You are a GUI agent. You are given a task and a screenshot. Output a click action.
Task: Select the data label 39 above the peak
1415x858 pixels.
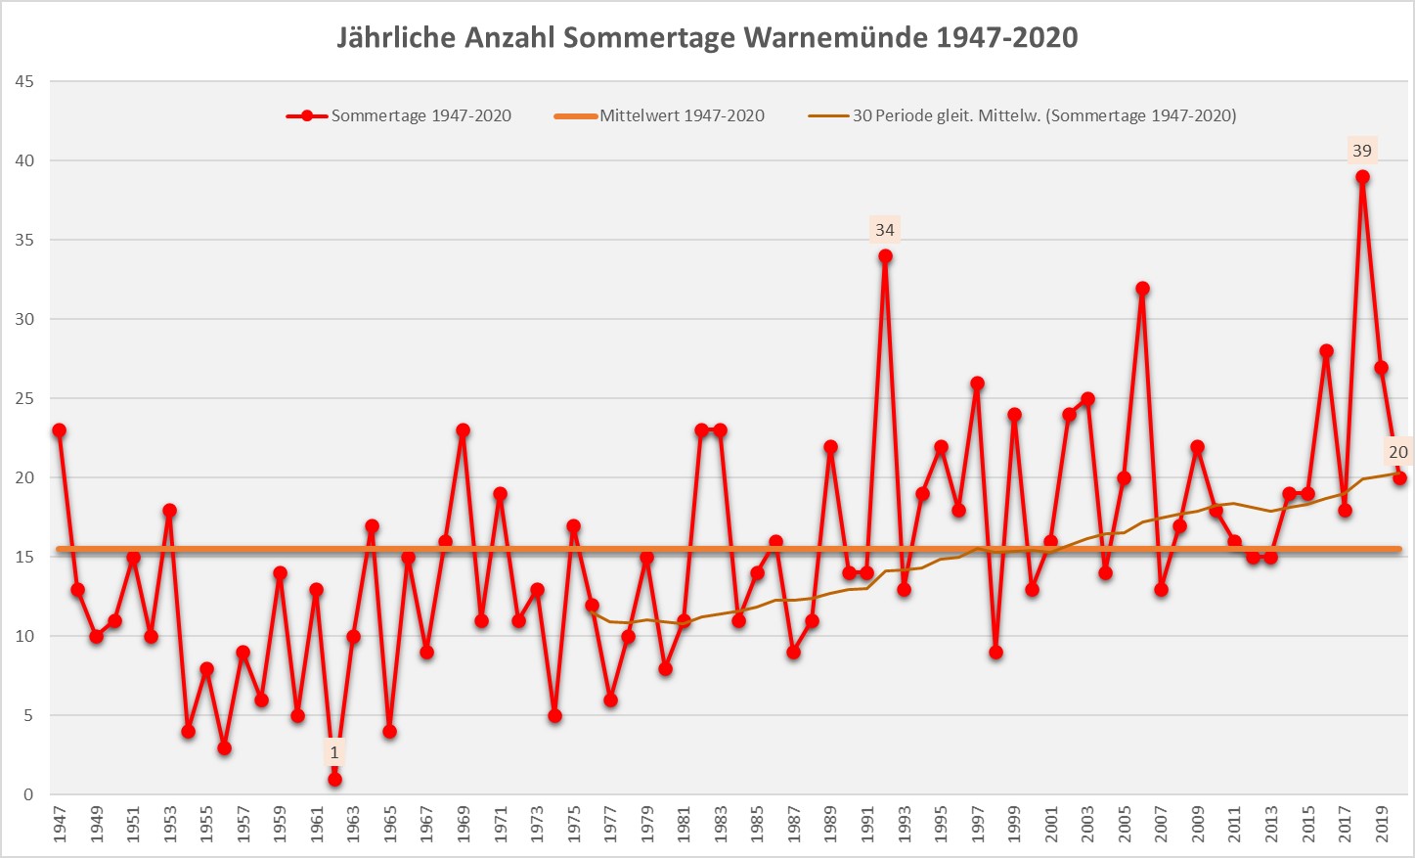pos(1362,151)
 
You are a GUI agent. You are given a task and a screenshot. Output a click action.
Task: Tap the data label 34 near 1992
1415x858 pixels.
pos(885,230)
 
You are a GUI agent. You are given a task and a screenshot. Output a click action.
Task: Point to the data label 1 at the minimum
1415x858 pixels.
pos(334,752)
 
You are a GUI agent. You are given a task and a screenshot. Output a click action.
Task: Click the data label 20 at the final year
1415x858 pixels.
pos(1398,452)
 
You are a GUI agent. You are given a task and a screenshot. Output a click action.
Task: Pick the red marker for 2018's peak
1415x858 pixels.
pos(1362,178)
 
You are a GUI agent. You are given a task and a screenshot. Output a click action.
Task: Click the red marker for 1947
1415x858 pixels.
pos(60,430)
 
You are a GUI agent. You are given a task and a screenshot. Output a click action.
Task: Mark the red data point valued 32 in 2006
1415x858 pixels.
pos(1142,289)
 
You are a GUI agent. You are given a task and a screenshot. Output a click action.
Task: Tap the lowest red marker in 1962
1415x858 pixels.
pos(334,780)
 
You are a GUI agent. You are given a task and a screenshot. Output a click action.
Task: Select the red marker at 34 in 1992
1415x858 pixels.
pos(885,256)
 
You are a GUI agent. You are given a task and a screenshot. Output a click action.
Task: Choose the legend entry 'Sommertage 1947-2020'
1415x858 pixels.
pos(420,115)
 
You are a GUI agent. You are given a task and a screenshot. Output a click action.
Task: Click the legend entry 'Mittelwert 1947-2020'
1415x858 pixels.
pos(682,115)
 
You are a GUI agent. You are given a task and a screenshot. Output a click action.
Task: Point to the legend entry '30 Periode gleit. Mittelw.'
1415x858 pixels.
pos(1043,115)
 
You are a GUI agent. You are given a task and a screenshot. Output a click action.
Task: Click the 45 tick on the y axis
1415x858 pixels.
pos(24,82)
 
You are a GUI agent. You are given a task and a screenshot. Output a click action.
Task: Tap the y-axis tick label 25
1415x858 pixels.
pos(24,399)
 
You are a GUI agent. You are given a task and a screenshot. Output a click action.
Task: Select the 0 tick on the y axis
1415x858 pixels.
pos(28,795)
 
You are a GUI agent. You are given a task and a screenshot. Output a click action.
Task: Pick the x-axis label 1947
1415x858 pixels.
pos(60,825)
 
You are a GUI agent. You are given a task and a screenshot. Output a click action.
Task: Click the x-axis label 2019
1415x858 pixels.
pos(1381,825)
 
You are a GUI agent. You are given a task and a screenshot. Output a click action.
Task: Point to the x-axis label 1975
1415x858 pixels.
pos(574,825)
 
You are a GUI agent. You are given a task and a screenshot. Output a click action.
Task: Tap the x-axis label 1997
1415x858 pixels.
pos(977,825)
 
